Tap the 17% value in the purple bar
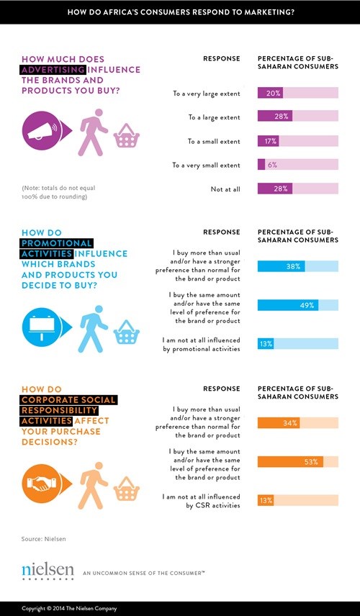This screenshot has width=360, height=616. click(x=271, y=141)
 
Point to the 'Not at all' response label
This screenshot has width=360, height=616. click(x=225, y=189)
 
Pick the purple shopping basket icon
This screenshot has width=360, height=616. click(x=127, y=135)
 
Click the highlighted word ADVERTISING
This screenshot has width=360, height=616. click(x=53, y=70)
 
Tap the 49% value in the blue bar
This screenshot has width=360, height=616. click(x=307, y=305)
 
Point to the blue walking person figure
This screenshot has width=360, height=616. click(x=93, y=329)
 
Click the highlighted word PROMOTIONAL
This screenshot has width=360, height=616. click(x=56, y=243)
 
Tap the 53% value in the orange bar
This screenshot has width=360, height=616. click(x=311, y=462)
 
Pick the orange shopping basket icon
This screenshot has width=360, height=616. click(x=127, y=489)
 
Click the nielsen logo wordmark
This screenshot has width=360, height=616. click(x=48, y=571)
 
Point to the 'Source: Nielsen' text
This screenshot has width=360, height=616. click(x=44, y=539)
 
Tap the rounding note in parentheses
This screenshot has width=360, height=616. click(x=58, y=192)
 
